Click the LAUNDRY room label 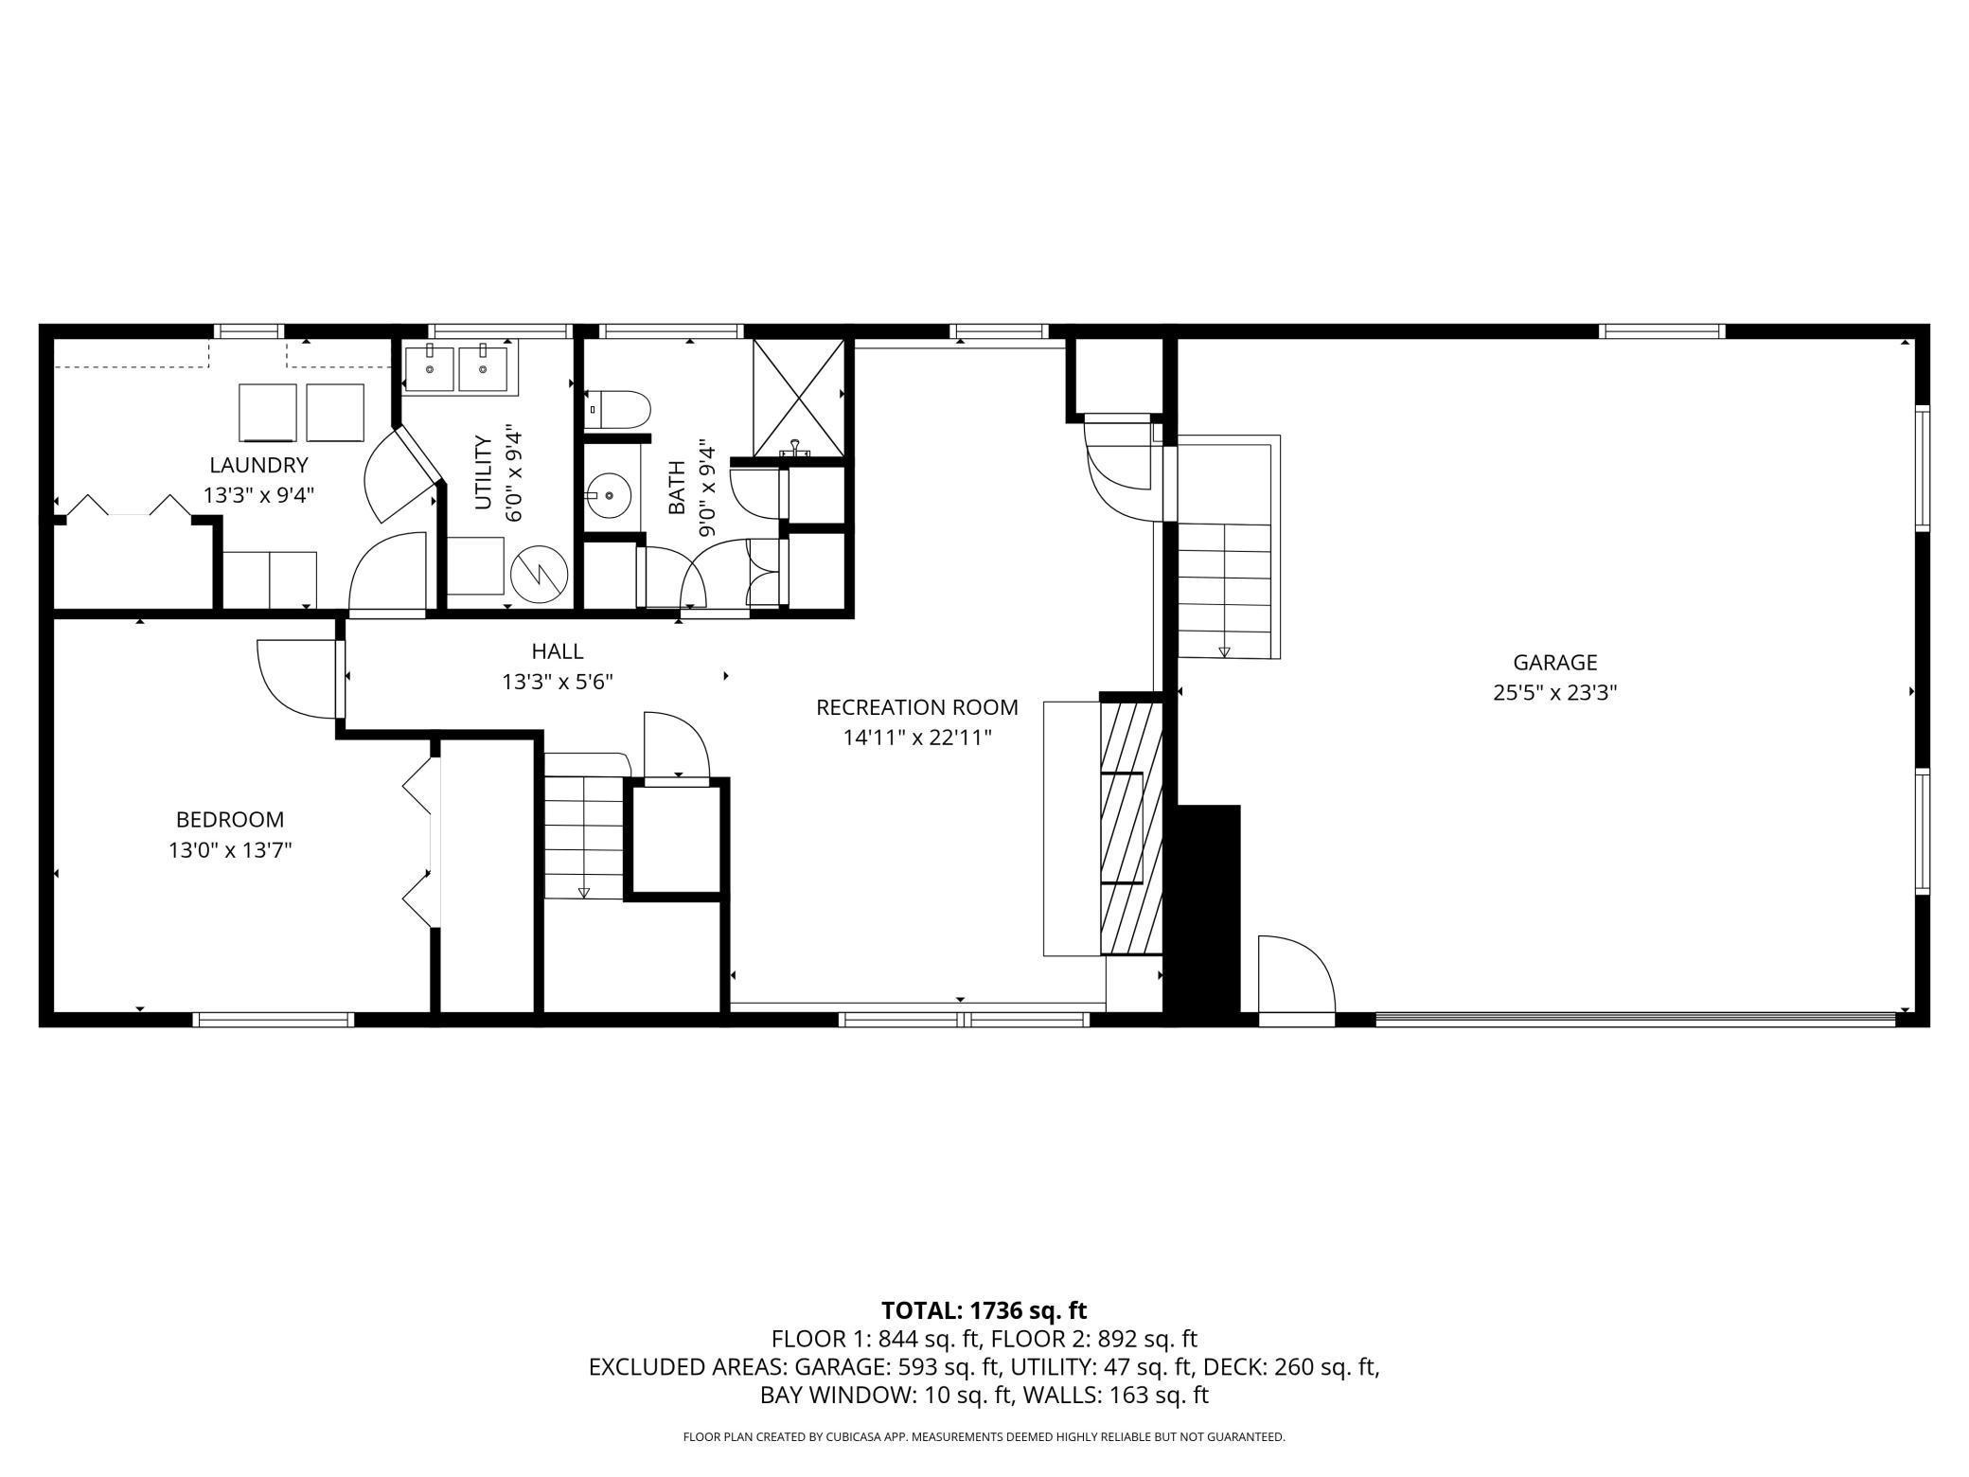tap(258, 465)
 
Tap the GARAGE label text tap(1554, 663)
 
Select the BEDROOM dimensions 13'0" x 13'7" tap(230, 850)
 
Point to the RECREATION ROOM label tap(917, 707)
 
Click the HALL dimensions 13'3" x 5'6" tap(558, 682)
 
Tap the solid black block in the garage tap(1201, 914)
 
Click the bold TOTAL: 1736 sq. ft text tap(984, 1310)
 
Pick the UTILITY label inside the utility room tap(483, 472)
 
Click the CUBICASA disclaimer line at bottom tap(984, 1437)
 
